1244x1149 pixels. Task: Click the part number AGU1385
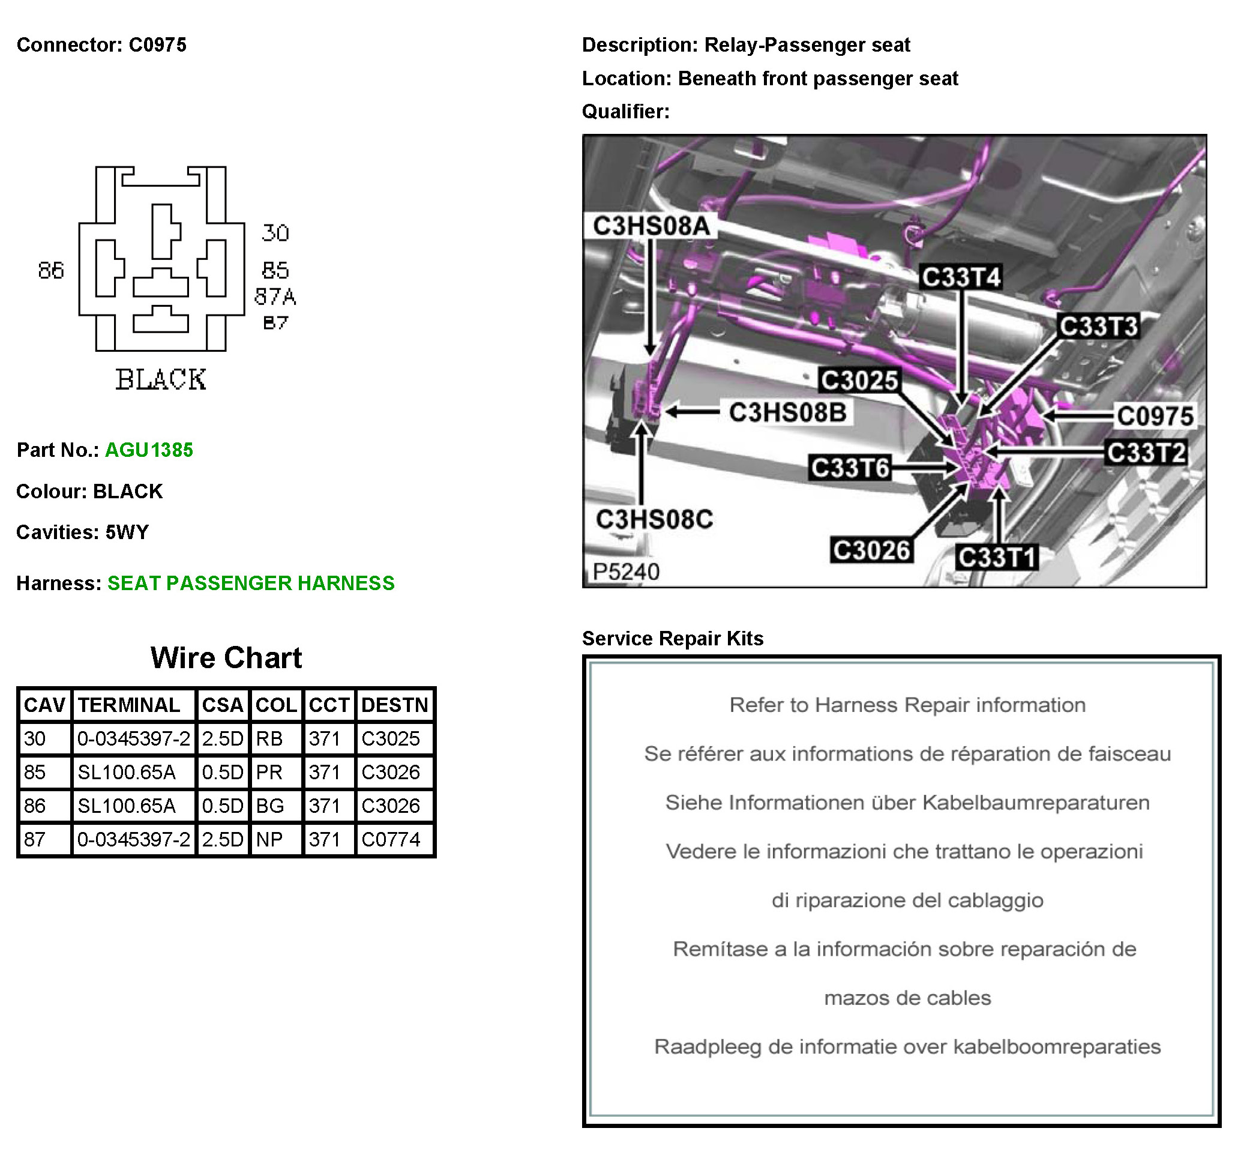click(149, 450)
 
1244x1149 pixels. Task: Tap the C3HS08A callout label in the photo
click(651, 226)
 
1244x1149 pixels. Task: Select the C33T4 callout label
click(961, 277)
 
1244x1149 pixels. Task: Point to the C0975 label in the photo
click(1155, 416)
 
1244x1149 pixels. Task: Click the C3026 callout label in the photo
click(871, 550)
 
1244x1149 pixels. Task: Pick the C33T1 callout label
click(996, 557)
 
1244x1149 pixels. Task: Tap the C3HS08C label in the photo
click(654, 519)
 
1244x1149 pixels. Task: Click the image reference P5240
click(626, 571)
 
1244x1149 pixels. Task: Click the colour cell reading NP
click(269, 839)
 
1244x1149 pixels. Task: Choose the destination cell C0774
click(391, 839)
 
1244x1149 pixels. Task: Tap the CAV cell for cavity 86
click(35, 806)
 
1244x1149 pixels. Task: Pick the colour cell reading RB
click(269, 738)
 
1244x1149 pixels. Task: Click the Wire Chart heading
click(226, 658)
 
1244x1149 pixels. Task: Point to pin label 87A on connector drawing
click(275, 297)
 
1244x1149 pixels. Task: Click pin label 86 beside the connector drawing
click(51, 271)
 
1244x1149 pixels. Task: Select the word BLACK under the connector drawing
click(161, 379)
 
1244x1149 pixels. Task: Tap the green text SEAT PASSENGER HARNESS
click(251, 584)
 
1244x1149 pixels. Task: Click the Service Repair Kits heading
click(672, 639)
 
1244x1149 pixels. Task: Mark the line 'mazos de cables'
click(907, 998)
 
